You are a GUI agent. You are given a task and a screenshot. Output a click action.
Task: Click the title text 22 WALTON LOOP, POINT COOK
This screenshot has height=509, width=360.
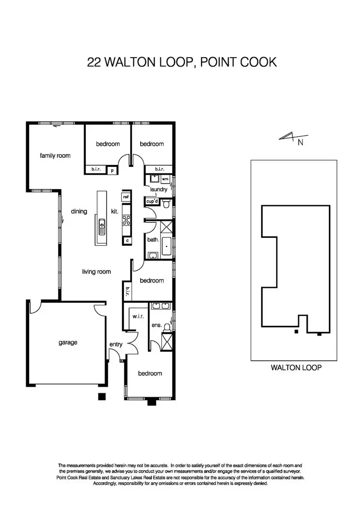tap(182, 62)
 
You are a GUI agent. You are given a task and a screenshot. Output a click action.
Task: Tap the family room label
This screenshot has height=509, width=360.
tap(55, 155)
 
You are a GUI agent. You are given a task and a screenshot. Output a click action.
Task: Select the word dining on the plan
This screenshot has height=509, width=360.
tap(78, 211)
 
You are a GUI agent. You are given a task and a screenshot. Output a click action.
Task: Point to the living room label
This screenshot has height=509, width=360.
tap(96, 272)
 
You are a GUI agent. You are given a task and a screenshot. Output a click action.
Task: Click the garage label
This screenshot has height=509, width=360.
tap(68, 343)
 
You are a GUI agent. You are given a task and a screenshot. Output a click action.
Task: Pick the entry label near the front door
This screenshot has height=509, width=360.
tap(116, 344)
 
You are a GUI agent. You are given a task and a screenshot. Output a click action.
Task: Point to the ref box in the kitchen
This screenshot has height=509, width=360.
tap(126, 197)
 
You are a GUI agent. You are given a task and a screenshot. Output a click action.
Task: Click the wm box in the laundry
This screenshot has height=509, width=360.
tap(165, 179)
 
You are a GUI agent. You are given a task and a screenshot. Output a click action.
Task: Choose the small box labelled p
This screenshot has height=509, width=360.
tap(112, 170)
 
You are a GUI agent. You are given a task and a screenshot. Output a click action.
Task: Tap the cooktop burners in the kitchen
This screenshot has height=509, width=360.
tap(127, 220)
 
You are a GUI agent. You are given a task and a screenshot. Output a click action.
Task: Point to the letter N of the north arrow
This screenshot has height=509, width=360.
tap(300, 142)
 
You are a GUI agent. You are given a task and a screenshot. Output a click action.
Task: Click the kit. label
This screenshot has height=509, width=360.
tap(115, 211)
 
